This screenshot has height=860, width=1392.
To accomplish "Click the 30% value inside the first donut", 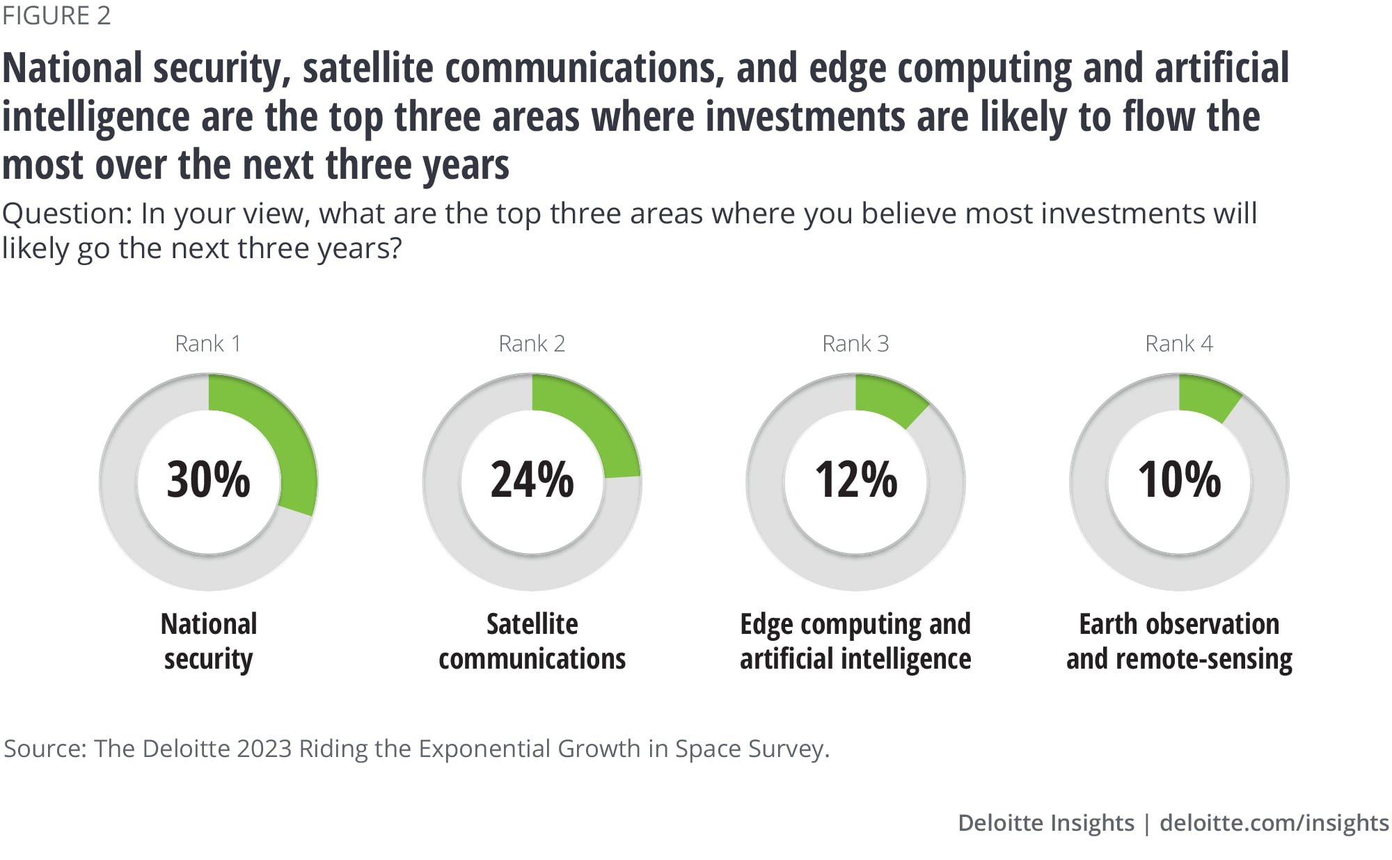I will (208, 480).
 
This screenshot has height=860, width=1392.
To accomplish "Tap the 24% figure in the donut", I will (532, 480).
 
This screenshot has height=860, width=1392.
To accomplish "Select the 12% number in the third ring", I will (856, 480).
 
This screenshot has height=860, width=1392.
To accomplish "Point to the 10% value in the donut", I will (1179, 480).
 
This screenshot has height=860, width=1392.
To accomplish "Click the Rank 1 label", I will (207, 344).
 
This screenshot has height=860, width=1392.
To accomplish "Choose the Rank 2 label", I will (532, 344).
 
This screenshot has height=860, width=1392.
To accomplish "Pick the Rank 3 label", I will (855, 344).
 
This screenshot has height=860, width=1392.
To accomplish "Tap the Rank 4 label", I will (1179, 344).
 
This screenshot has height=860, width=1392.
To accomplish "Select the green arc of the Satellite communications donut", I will (599, 424).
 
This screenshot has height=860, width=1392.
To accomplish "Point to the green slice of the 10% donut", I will (1208, 397).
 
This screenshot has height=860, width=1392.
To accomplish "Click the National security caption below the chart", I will (208, 641).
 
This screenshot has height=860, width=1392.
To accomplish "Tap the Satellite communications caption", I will (532, 641).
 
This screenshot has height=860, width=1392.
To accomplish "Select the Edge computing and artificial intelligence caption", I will (855, 641).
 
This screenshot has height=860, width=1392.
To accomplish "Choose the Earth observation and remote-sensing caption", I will (1179, 641).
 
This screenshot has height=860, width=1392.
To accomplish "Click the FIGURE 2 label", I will (56, 16).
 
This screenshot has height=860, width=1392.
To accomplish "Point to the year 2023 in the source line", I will (264, 749).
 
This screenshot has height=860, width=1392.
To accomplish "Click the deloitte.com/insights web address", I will (1274, 822).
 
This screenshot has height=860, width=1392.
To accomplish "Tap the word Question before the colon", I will (65, 214).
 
